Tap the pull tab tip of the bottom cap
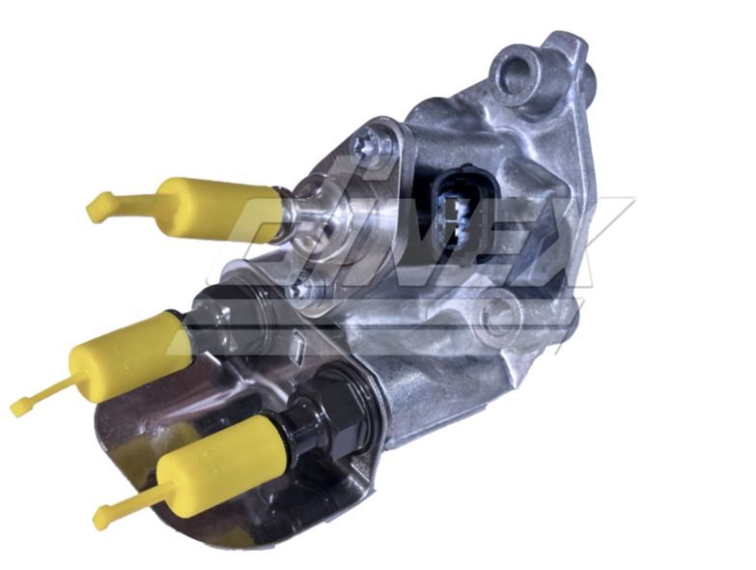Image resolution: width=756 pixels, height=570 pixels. tap(101, 520)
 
